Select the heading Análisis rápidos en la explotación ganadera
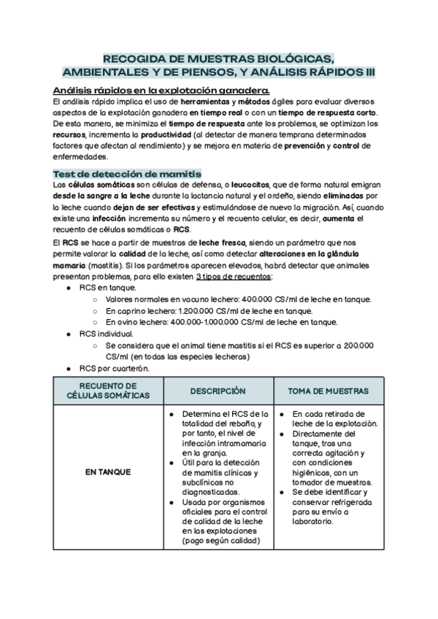pyautogui.click(x=161, y=90)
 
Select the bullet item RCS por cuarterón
pyautogui.click(x=115, y=368)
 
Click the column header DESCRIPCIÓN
pyautogui.click(x=218, y=391)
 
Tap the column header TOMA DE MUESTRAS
pyautogui.click(x=327, y=391)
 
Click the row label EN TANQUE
pyautogui.click(x=108, y=472)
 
